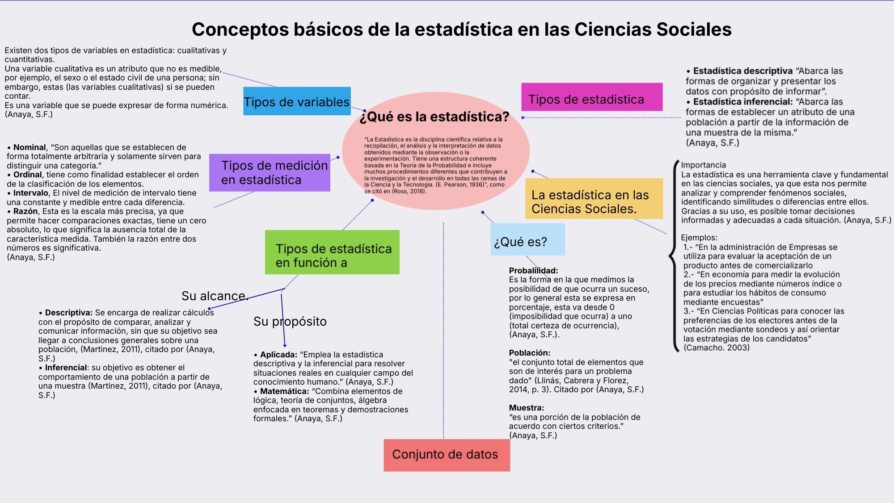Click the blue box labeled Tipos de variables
point(297,101)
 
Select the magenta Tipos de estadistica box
point(591,97)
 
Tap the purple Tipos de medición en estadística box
point(270,173)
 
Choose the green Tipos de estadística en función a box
point(332,252)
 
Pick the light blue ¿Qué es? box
point(527,239)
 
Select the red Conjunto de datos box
point(446,455)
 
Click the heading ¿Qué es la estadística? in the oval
point(434,117)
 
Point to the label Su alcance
point(214,296)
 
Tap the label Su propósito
point(290,321)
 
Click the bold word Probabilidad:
point(533,271)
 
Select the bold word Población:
point(529,353)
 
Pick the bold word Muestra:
point(526,408)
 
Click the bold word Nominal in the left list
point(29,147)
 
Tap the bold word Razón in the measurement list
point(25,211)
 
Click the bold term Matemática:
point(284,391)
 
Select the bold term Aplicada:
point(278,355)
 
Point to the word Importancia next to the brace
point(703,165)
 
